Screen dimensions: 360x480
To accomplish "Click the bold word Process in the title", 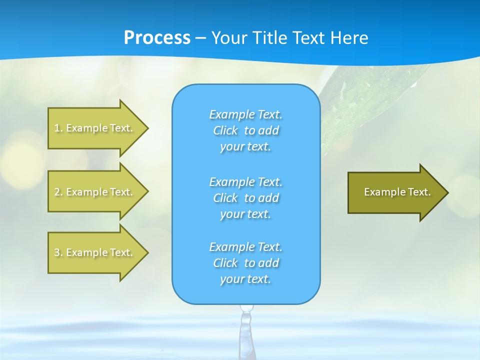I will click(157, 38).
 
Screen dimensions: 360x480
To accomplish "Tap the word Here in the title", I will click(349, 38).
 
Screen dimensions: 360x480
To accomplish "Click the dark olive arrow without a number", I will click(395, 192).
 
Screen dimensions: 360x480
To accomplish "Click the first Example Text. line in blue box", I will click(245, 114).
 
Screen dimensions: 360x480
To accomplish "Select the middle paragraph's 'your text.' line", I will click(245, 214).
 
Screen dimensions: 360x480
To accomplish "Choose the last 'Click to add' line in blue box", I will click(245, 263).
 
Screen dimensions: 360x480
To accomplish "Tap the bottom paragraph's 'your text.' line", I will click(245, 279).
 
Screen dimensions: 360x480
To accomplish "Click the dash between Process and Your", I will click(200, 38).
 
